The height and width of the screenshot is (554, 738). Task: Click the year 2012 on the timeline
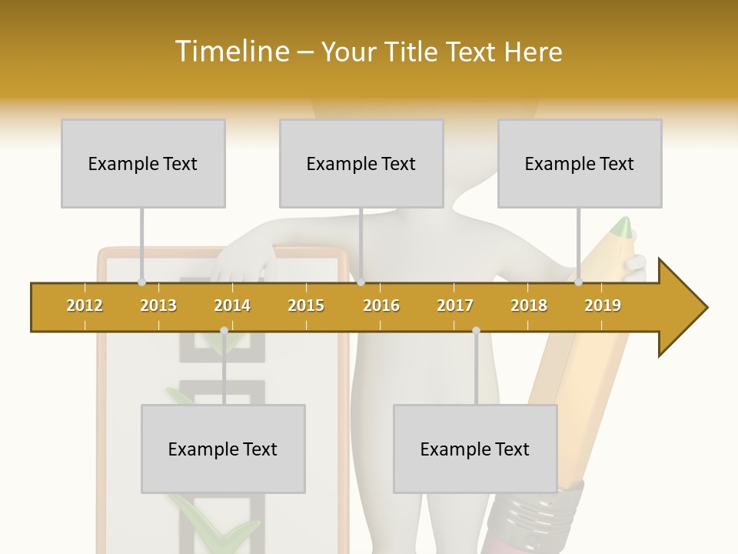85,305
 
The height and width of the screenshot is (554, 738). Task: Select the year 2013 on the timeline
158,305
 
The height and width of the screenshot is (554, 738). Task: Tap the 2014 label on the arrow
232,305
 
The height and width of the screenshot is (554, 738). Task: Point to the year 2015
306,305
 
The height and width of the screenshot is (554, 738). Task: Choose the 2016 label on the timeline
381,305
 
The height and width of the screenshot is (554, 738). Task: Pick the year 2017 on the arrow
455,305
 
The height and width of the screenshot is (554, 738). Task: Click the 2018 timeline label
529,305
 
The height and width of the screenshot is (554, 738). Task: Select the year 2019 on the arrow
603,305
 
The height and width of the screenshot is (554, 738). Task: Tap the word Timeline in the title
231,52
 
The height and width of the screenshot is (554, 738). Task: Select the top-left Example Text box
143,163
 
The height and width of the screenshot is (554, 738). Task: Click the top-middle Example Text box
361,163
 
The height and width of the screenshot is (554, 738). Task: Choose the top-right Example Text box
580,163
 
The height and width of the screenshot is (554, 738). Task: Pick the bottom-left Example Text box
223,449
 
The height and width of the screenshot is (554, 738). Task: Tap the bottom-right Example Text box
475,449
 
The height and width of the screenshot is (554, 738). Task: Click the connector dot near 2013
141,282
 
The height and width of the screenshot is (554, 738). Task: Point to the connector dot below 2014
224,331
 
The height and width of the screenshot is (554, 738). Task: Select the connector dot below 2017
476,331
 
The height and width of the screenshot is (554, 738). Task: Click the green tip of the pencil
623,226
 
